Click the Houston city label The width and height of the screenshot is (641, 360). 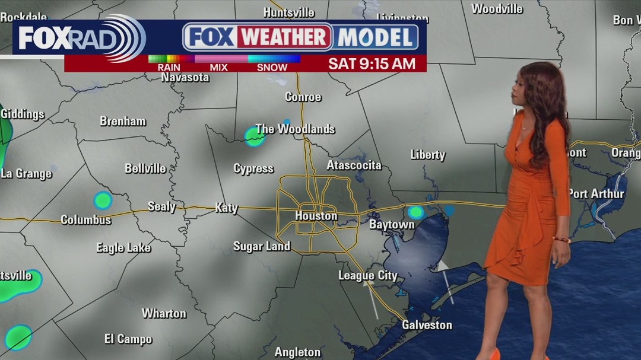pyautogui.click(x=316, y=216)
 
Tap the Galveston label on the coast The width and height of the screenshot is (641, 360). pyautogui.click(x=427, y=325)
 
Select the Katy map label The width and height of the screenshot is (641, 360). pyautogui.click(x=226, y=208)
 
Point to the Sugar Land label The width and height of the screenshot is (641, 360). pyautogui.click(x=262, y=246)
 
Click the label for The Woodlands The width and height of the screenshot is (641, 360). pyautogui.click(x=295, y=129)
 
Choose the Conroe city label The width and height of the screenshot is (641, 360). pyautogui.click(x=303, y=97)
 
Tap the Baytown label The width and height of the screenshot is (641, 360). pyautogui.click(x=392, y=225)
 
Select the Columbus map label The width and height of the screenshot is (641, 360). pyautogui.click(x=86, y=220)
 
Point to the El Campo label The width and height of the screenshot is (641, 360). pyautogui.click(x=128, y=339)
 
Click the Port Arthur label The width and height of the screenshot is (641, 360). pyautogui.click(x=596, y=194)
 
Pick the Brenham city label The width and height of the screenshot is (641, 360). pyautogui.click(x=123, y=121)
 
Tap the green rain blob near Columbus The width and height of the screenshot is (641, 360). pyautogui.click(x=103, y=200)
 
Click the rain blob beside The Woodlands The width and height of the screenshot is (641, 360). pyautogui.click(x=255, y=138)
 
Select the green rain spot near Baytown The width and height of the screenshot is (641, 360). pyautogui.click(x=416, y=212)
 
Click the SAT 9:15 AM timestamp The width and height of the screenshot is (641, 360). pyautogui.click(x=372, y=64)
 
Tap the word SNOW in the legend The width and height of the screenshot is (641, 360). pyautogui.click(x=272, y=67)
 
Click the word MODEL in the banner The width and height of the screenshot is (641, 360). pyautogui.click(x=375, y=37)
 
